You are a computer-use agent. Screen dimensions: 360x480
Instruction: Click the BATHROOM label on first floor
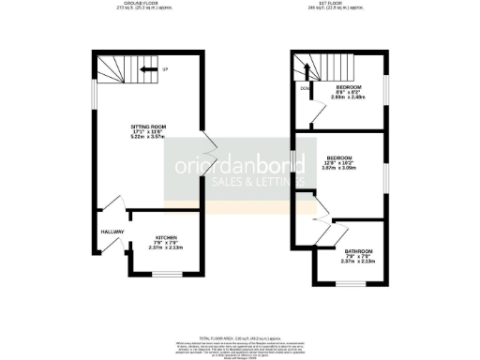(357, 251)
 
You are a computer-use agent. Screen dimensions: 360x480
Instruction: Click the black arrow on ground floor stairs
(147, 68)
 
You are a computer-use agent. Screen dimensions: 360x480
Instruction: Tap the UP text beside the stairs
(164, 68)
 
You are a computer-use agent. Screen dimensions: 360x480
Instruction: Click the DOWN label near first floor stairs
(305, 89)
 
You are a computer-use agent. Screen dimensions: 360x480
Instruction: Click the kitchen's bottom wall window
(165, 275)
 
